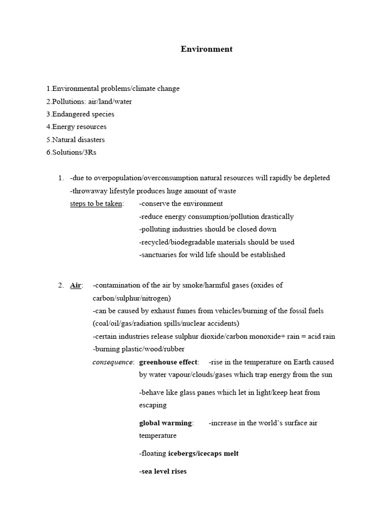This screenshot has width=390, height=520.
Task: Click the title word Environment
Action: (x=207, y=49)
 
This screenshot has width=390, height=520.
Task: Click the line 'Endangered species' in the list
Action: (x=83, y=114)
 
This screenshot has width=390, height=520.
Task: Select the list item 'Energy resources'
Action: (x=79, y=127)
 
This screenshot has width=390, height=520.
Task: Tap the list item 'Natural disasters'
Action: (x=78, y=140)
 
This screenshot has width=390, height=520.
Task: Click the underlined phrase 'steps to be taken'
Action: (x=96, y=204)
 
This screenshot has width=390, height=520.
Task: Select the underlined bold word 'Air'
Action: (x=75, y=285)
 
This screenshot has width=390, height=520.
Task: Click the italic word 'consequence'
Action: (x=113, y=363)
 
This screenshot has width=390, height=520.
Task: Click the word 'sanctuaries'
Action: (x=158, y=255)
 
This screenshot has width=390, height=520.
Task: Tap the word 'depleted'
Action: (x=316, y=178)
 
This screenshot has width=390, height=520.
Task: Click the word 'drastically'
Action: (x=276, y=216)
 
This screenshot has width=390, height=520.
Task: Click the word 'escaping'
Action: (x=152, y=406)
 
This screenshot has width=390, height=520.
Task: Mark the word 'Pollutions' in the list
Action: (x=68, y=102)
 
